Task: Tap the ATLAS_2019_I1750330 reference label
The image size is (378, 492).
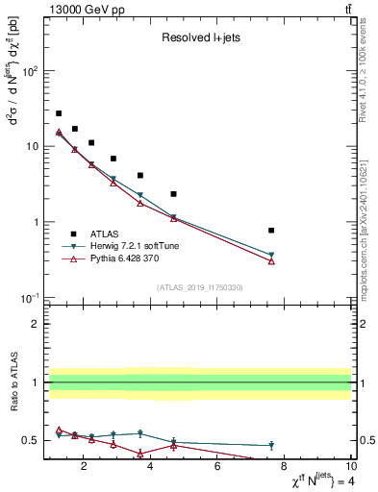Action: tap(199, 287)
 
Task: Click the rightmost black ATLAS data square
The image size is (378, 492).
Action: tap(271, 231)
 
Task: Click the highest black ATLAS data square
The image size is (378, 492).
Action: tap(59, 113)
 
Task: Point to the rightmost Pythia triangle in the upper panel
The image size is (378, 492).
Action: tap(271, 261)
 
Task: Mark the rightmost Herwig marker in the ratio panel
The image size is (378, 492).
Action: tap(271, 445)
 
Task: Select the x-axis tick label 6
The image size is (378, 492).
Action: tap(217, 467)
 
